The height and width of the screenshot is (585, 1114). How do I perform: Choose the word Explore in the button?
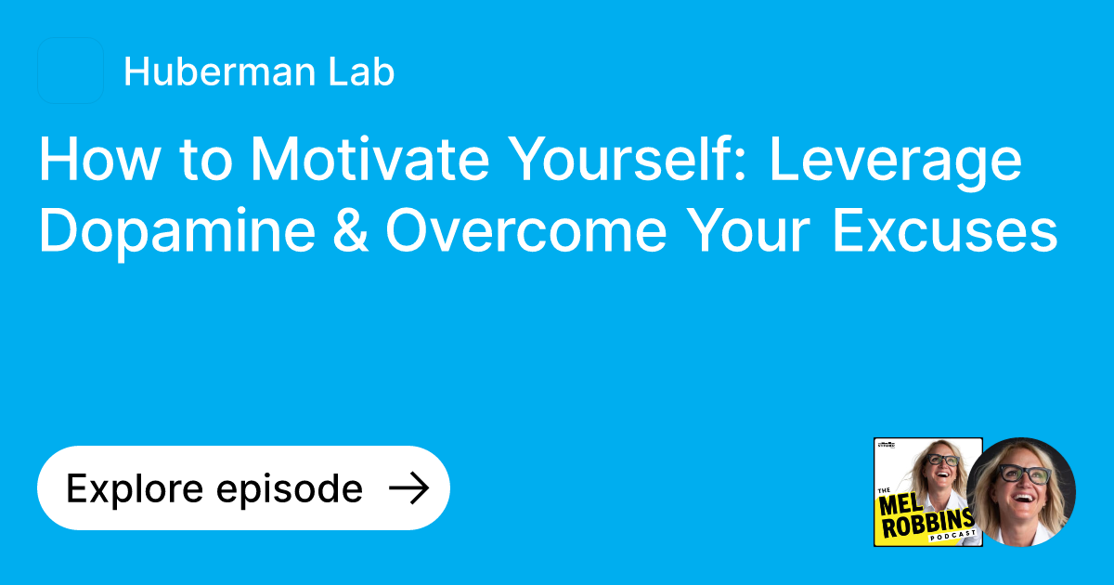pos(131,488)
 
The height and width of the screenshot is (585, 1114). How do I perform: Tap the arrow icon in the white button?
pos(408,487)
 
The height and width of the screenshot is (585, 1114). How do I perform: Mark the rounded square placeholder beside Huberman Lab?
pos(71,71)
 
